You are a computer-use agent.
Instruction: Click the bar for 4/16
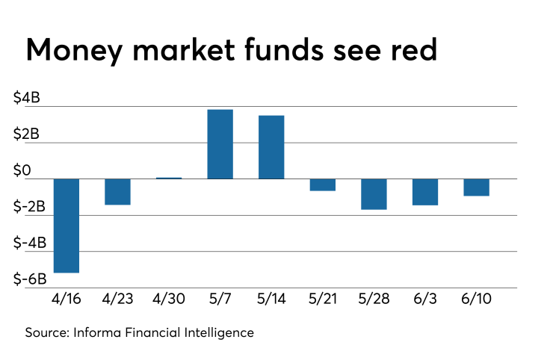[67, 226]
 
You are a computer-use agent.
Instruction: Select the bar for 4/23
[117, 192]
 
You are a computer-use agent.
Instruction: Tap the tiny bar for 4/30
[169, 178]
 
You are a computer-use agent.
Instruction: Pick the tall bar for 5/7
[220, 144]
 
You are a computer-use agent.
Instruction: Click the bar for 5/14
[271, 147]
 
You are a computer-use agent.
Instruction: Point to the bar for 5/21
[323, 184]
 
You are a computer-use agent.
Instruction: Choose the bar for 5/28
[374, 194]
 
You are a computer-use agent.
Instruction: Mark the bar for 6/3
[425, 192]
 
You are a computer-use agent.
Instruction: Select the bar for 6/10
[476, 187]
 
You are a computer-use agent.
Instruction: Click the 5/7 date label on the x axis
[220, 299]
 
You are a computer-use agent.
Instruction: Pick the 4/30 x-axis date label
[169, 299]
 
